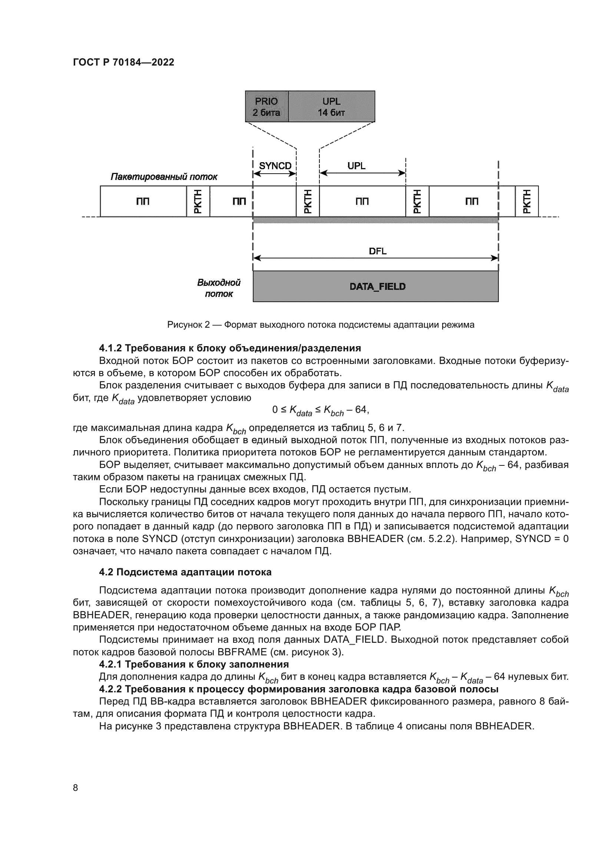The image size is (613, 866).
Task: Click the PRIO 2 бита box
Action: (266, 107)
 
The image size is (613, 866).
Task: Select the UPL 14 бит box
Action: (331, 107)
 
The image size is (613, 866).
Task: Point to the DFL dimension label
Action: (377, 251)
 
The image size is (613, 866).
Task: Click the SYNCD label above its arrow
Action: (275, 166)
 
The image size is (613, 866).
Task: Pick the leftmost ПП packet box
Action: (143, 201)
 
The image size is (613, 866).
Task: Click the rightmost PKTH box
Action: (527, 201)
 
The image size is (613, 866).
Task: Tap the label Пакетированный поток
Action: (164, 177)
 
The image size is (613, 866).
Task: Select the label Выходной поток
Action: (219, 288)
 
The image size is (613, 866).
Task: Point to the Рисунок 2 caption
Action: (321, 325)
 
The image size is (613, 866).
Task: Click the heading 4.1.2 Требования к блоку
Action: (230, 348)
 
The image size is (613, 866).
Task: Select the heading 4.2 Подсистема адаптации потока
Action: (185, 572)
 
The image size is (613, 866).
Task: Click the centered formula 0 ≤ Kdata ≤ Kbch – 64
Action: (321, 410)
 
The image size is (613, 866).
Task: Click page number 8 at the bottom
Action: (76, 788)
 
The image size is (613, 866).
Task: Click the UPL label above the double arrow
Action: (356, 166)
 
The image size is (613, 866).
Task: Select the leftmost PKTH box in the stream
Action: (198, 201)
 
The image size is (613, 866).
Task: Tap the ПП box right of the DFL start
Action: (362, 201)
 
